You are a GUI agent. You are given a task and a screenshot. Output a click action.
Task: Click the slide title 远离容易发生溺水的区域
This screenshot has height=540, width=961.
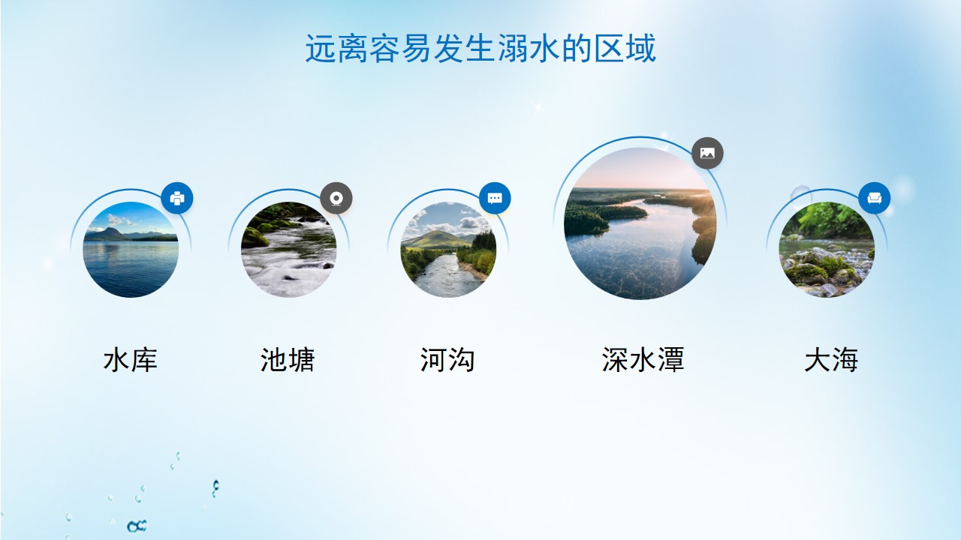coord(480,49)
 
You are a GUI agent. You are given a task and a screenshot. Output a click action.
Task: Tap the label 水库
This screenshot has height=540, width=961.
coord(131,359)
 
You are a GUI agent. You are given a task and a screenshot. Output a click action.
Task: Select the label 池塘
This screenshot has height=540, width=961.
coord(288,359)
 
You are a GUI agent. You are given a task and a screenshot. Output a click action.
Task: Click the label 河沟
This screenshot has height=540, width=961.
coord(447,359)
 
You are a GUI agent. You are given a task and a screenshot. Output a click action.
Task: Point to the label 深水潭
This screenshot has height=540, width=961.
coord(643,359)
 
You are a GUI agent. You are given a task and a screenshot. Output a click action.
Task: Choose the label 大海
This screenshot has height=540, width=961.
coord(831,359)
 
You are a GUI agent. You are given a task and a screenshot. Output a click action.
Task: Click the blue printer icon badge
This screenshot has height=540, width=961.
coord(176,198)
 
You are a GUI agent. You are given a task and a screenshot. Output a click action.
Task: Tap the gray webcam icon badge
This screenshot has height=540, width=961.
coord(336,198)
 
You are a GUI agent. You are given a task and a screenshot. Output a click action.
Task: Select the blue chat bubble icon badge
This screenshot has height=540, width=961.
coord(495,198)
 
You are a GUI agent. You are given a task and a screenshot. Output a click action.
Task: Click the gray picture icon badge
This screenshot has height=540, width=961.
coord(707,153)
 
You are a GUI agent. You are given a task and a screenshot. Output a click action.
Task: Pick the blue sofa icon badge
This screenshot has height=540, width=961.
coord(875,198)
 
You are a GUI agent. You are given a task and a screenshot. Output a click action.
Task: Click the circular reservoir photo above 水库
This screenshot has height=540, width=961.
coord(131,250)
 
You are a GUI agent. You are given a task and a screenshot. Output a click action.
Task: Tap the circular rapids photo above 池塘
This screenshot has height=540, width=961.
coord(289,250)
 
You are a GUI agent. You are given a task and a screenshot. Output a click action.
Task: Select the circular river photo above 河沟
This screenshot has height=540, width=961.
coord(448,250)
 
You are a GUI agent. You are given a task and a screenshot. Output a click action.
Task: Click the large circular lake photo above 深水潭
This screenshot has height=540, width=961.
coord(640,223)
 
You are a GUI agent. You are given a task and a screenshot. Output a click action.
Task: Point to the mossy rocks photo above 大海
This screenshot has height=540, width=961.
coord(827,250)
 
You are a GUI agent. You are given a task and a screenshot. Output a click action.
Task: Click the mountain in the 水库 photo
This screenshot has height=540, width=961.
coord(107,233)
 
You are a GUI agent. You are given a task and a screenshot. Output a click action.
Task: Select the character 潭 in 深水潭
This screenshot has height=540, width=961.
coord(670,359)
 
